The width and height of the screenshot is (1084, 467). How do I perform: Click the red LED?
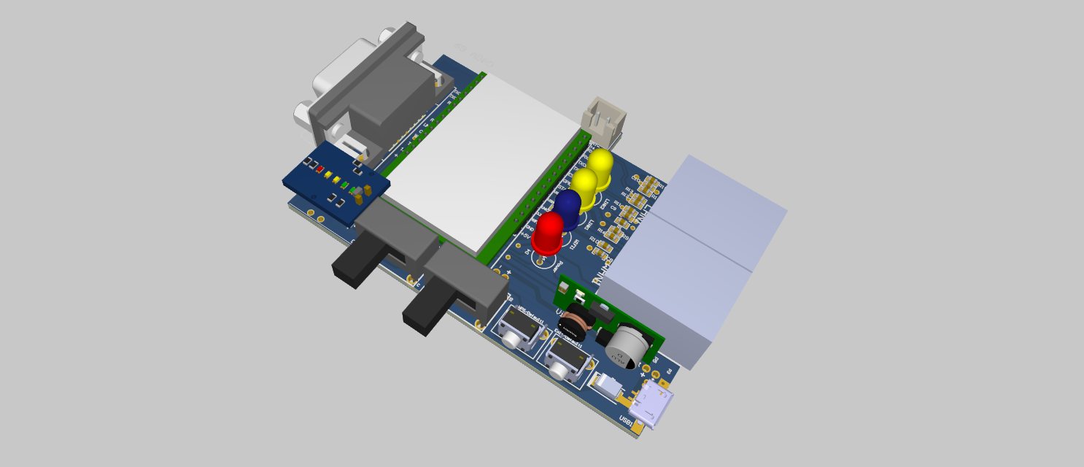tap(549, 231)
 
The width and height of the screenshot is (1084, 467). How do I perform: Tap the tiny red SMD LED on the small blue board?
tap(319, 169)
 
